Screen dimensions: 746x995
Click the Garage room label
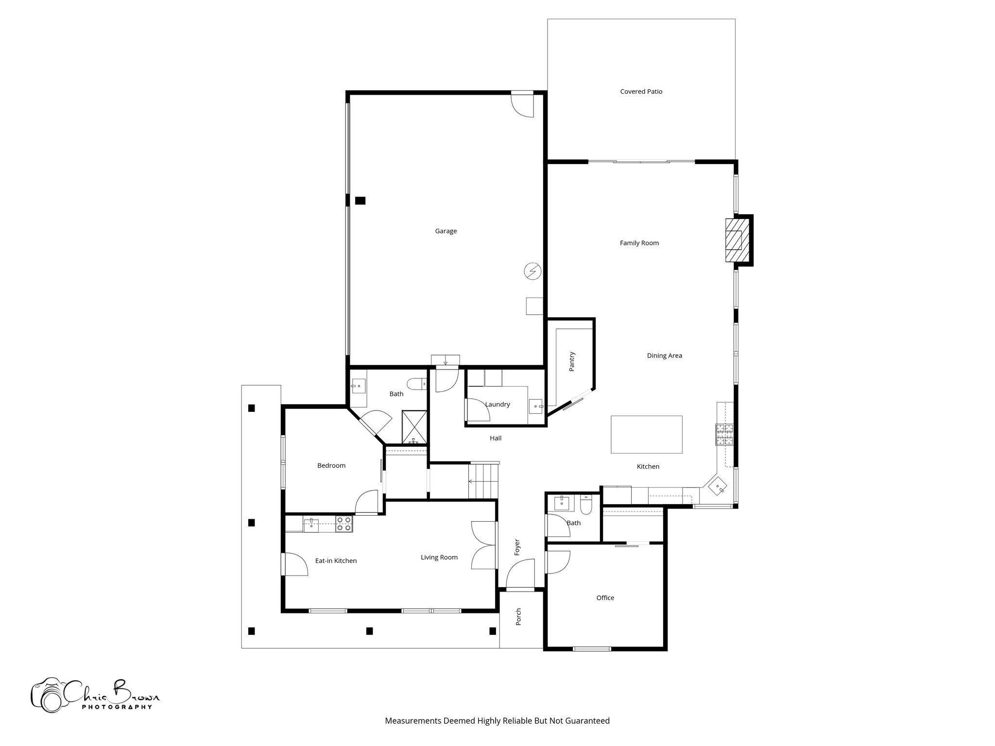(446, 231)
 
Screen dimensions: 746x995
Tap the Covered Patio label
(641, 91)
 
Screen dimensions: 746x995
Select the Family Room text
(639, 243)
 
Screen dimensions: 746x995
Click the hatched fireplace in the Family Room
(737, 240)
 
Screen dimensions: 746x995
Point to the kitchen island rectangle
(646, 434)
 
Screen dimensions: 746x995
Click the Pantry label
(572, 361)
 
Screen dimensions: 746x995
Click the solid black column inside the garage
(360, 200)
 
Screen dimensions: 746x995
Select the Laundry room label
(497, 404)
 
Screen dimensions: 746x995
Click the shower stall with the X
(414, 426)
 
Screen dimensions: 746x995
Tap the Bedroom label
(331, 465)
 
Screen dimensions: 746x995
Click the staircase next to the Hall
(483, 481)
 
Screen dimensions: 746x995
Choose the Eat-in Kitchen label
(336, 560)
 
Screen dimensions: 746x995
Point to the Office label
(605, 598)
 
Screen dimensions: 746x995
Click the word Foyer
(517, 547)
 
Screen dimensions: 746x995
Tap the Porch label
(518, 616)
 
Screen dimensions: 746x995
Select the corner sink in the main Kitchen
(718, 486)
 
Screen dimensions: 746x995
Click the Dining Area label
(664, 356)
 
